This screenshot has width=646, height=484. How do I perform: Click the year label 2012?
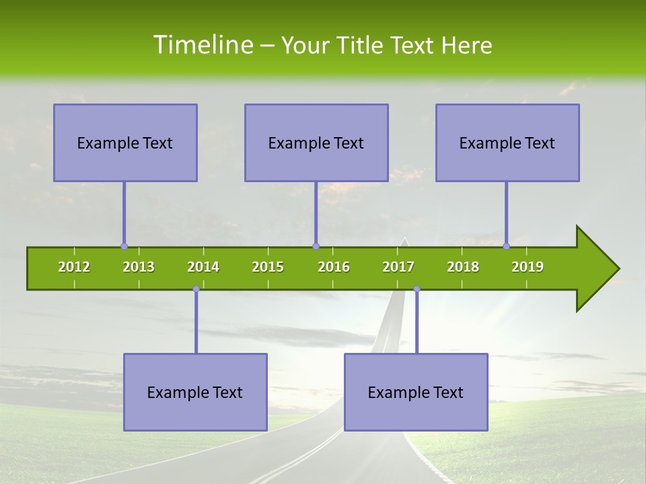coord(74,267)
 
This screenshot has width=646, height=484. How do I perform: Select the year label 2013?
coord(139,267)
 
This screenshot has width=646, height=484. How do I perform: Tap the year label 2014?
coord(203,267)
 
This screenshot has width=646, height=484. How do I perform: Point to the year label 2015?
coord(268,267)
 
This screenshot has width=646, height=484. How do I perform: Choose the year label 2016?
coord(334,267)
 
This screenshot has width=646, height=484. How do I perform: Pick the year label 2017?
coord(398,267)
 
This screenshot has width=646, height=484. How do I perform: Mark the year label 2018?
coord(463,267)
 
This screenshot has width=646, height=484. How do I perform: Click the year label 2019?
coord(528,267)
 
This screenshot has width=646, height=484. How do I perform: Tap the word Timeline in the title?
coord(203,45)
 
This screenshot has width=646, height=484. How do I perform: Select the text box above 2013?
coord(125,143)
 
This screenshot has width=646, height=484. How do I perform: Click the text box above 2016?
coord(316,143)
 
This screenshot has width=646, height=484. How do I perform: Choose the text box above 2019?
coord(507,143)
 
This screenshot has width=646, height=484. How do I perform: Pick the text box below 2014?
coord(195,392)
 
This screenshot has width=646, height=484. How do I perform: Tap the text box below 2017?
coord(416,392)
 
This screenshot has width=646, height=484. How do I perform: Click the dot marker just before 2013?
coord(124,246)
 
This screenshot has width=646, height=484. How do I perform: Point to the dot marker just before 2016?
coord(316,246)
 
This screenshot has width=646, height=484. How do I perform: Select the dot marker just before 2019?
coord(507,246)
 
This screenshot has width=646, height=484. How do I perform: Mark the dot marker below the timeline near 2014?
coord(196,289)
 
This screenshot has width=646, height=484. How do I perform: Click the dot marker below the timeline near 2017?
coord(417,289)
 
